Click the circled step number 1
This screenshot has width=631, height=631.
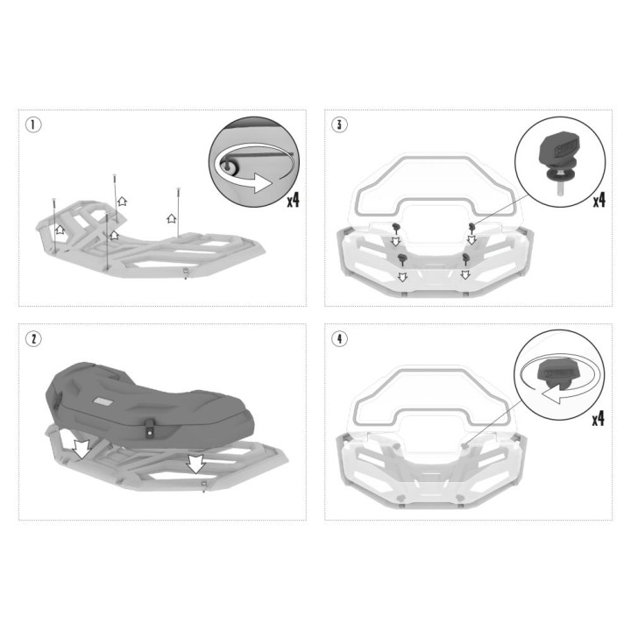pos(33,124)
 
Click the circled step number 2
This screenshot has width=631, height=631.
pos(33,339)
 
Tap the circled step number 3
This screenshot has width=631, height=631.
pos(339,124)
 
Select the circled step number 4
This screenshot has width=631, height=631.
pos(339,339)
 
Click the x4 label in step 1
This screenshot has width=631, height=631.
pos(293,200)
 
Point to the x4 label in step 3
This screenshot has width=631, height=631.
pos(599,200)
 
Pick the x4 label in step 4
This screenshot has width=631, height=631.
pos(598,419)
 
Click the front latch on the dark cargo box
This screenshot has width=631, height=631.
pos(150,429)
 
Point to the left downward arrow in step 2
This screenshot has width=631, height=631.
pos(82,448)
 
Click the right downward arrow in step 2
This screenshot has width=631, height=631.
pos(196,464)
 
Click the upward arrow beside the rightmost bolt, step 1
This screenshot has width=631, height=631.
pos(172,218)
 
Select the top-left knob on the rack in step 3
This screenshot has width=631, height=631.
pos(396,228)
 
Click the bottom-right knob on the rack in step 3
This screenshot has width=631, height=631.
pos(466,259)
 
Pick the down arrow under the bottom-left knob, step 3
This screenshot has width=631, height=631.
pos(402,276)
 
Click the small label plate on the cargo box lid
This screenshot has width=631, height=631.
pos(103,401)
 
